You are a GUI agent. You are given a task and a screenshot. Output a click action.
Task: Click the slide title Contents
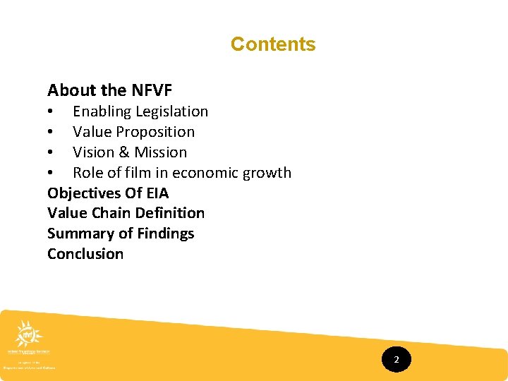[273, 44]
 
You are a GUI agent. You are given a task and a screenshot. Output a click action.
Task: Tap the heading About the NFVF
[109, 90]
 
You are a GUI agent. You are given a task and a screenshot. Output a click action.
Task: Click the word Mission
[162, 152]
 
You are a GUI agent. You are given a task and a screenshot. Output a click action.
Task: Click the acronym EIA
[156, 193]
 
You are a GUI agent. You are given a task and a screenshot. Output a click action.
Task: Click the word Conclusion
[85, 254]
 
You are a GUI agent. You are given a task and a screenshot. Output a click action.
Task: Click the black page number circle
[396, 360]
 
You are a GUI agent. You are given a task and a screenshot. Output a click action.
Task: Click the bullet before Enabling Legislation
[51, 112]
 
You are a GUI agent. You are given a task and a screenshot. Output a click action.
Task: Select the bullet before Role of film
[51, 174]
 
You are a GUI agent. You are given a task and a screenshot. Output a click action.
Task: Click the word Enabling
[102, 111]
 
